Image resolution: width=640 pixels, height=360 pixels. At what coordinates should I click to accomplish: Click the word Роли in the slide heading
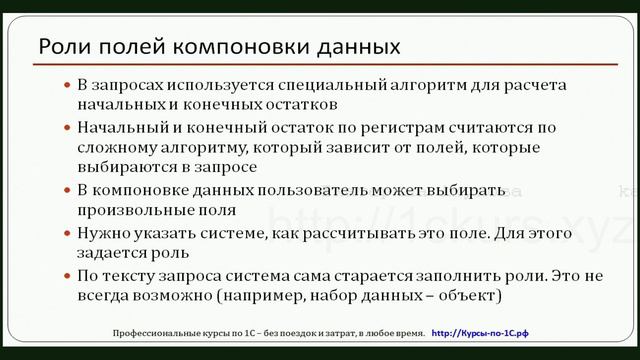point(60,47)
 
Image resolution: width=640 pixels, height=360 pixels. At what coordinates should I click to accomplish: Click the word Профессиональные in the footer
point(155,331)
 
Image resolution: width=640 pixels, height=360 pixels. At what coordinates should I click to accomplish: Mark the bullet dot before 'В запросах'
point(67,86)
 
